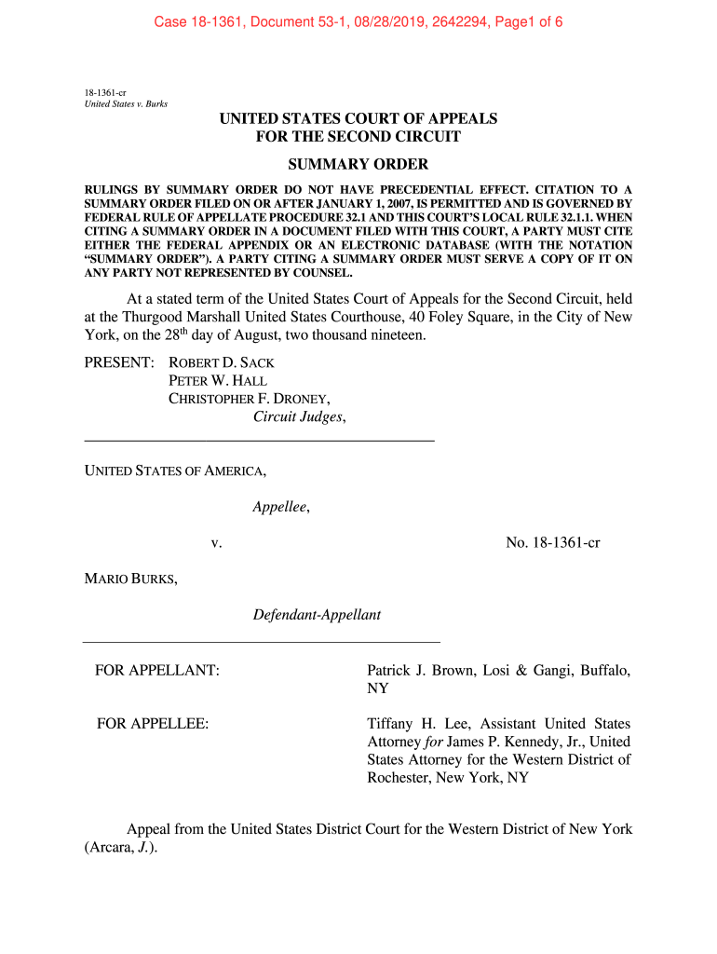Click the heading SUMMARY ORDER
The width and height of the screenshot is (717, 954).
pos(358,165)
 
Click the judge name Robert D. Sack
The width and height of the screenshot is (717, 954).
pos(221,361)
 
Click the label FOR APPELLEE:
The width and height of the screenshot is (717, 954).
pos(153,724)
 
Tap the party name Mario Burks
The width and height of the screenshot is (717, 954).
pos(130,579)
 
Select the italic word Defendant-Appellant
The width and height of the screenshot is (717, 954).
pos(317,615)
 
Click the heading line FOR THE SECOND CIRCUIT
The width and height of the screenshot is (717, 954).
pos(358,137)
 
